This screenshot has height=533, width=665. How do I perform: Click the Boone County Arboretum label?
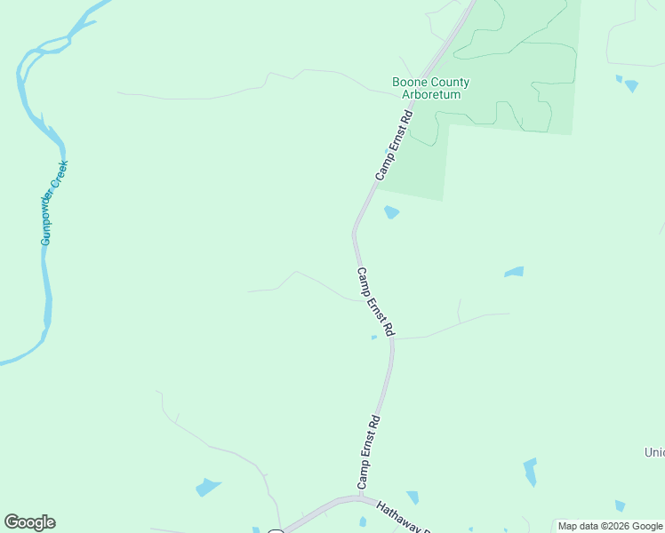[x=431, y=88]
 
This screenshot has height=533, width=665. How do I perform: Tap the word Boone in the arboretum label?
[x=410, y=83]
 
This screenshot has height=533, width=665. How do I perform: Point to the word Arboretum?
[x=431, y=94]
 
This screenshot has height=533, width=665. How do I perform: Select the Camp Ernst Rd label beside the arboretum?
[x=395, y=146]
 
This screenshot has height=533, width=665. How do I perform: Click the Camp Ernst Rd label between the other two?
[x=376, y=302]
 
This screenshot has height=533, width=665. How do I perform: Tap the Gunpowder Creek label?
[x=54, y=203]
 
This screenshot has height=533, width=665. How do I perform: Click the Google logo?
[x=29, y=522]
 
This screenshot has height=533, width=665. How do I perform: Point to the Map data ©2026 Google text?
[x=610, y=526]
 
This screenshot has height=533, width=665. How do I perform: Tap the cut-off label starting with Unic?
[x=654, y=452]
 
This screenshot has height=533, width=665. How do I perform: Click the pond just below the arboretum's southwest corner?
[x=390, y=212]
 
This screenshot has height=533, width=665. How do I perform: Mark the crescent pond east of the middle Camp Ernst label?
[x=514, y=272]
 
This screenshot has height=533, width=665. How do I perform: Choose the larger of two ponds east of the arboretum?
[x=631, y=86]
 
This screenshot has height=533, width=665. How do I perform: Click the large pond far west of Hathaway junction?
[x=208, y=487]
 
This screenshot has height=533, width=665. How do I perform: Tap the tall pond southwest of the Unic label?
[x=530, y=471]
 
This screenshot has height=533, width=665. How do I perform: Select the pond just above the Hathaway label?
[x=413, y=497]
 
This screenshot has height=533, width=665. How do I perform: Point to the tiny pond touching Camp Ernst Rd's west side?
[x=373, y=338]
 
